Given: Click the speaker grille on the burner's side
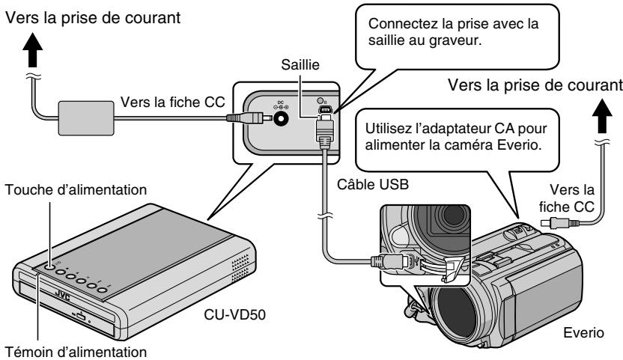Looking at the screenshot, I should click(x=235, y=267).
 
